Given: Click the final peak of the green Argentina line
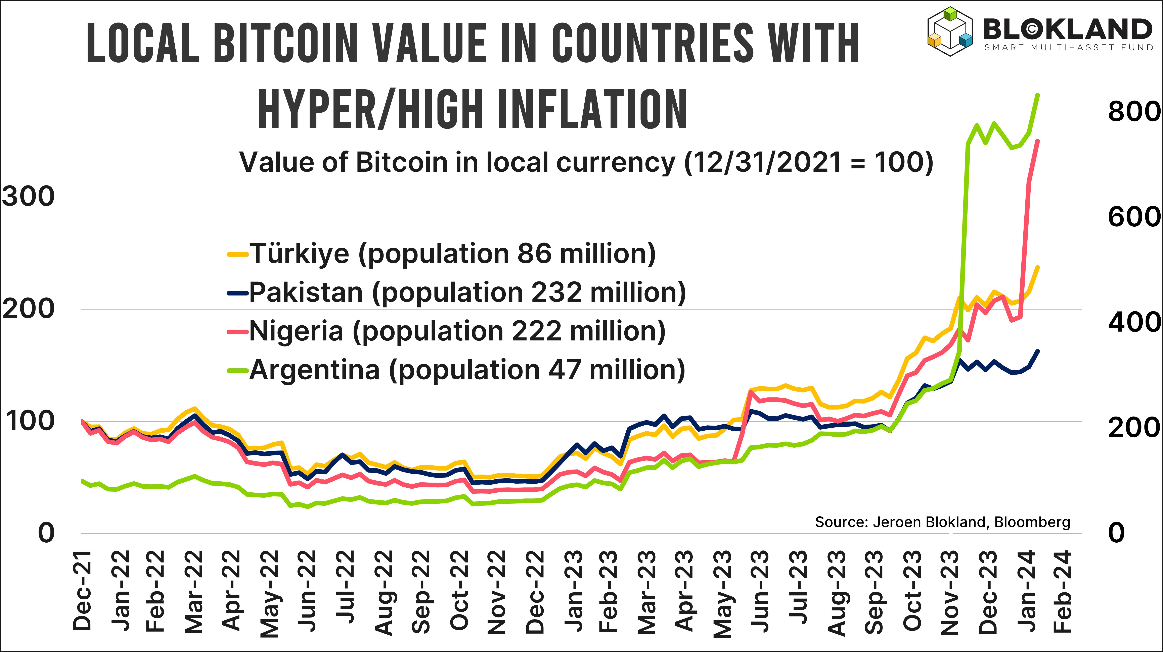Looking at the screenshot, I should tap(1037, 95).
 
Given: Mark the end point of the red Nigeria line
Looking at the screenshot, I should tap(1037, 141).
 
